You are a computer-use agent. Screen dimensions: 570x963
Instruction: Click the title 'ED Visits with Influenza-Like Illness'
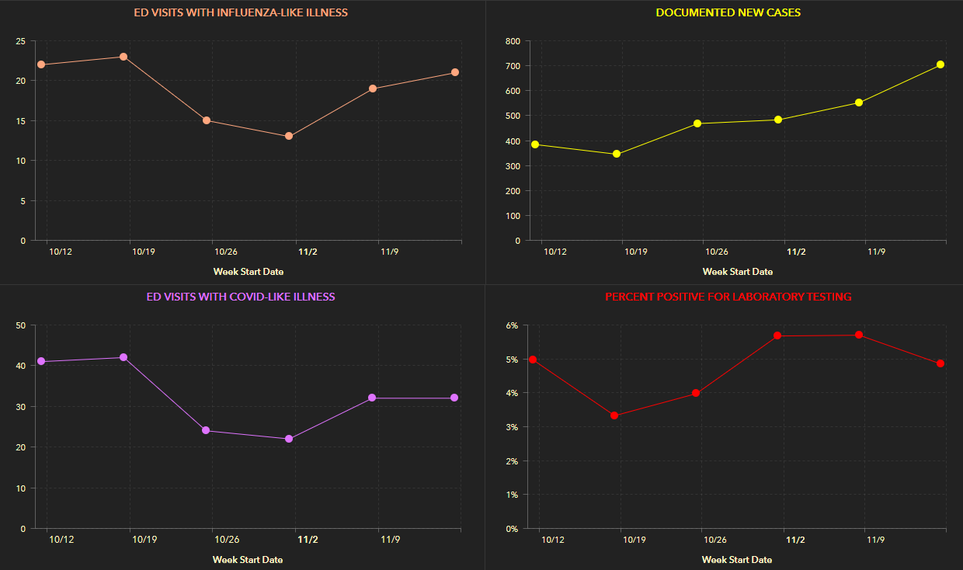point(241,12)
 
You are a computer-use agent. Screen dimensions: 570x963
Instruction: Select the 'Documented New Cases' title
point(728,12)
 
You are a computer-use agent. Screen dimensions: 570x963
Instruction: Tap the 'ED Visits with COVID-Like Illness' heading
point(241,297)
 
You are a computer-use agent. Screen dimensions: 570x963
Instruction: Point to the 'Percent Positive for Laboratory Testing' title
point(728,297)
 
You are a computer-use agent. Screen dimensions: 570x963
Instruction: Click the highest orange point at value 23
point(123,57)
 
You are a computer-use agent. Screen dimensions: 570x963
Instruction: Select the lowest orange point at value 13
point(289,136)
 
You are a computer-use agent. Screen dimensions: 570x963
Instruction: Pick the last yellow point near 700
point(940,64)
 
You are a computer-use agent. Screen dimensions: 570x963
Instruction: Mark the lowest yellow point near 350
point(617,154)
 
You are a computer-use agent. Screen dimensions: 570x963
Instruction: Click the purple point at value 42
point(123,357)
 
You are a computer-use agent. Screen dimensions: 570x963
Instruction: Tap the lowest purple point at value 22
point(289,439)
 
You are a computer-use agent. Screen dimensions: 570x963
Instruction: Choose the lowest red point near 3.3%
point(614,415)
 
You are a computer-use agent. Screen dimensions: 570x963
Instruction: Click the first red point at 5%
point(533,360)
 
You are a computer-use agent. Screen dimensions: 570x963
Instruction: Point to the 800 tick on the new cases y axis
point(512,40)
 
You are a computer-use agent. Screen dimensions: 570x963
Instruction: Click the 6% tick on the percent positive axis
point(512,325)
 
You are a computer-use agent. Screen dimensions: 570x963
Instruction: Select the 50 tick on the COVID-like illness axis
point(20,325)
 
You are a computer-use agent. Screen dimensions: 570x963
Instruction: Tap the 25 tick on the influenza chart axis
point(20,40)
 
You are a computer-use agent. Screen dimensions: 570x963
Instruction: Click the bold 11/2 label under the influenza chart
point(308,252)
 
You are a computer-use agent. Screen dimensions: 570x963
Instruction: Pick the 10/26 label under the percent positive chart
point(714,540)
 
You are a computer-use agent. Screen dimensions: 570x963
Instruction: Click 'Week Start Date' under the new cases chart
point(737,272)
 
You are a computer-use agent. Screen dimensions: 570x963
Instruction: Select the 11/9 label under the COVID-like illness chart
point(390,540)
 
